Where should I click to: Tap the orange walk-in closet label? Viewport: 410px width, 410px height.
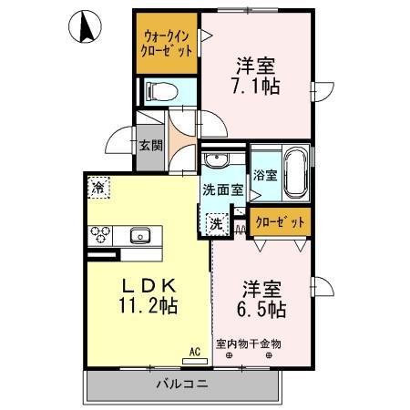[x=165, y=44]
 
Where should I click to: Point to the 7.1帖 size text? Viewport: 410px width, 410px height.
[x=256, y=87]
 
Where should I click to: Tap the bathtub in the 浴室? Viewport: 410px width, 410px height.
[x=295, y=175]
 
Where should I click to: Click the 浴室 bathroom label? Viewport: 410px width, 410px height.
[x=265, y=176]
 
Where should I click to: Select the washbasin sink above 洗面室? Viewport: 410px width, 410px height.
[x=218, y=162]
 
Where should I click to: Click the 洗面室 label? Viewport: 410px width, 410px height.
[x=222, y=191]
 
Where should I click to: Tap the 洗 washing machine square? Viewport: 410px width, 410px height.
[x=217, y=222]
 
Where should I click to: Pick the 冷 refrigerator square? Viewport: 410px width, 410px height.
[x=97, y=189]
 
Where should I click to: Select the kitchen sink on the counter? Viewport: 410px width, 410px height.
[x=140, y=235]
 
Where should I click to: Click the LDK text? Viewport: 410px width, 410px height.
[x=147, y=283]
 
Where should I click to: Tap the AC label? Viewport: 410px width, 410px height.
[x=194, y=349]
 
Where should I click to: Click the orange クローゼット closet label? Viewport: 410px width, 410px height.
[x=279, y=221]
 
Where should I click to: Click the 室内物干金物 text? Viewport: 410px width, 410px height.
[x=249, y=343]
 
